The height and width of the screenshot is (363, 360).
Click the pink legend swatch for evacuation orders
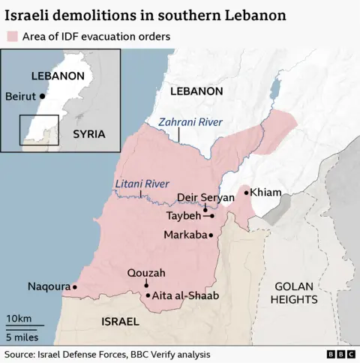(13, 36)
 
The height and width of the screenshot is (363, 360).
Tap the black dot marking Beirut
(43, 96)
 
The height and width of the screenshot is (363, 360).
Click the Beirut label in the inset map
(21, 96)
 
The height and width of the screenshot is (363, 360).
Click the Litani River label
(142, 184)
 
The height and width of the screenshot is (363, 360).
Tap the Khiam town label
(265, 193)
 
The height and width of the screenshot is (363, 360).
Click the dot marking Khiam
(246, 193)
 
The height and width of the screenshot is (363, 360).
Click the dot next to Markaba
(211, 235)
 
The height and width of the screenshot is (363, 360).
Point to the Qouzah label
(146, 273)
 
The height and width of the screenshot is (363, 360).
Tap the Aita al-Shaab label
(185, 295)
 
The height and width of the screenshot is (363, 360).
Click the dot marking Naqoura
(74, 286)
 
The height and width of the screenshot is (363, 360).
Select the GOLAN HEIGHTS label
(296, 292)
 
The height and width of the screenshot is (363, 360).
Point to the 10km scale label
(19, 319)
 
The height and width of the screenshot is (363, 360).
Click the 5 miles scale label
(22, 337)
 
